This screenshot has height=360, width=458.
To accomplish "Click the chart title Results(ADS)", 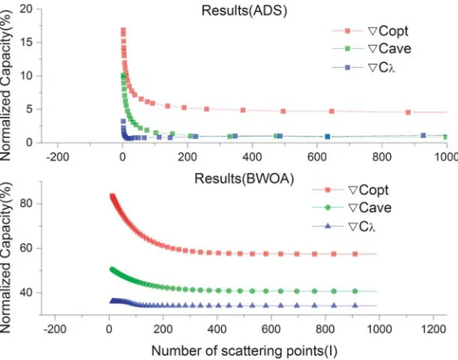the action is click(x=244, y=11).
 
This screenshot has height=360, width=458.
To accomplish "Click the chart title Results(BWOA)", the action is click(x=244, y=178).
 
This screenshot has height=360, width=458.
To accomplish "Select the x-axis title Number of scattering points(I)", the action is click(x=244, y=351).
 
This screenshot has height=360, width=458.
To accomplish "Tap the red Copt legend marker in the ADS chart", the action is click(x=347, y=31).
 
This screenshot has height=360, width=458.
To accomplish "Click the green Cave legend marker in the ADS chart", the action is click(x=347, y=49).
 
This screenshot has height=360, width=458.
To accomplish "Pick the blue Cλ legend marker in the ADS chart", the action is click(x=347, y=67).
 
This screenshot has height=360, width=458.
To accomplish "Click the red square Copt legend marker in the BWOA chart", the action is click(x=328, y=190).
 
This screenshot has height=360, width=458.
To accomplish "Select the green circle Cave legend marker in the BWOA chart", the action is click(x=328, y=208).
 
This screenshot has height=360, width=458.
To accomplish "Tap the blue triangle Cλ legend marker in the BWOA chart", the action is click(x=328, y=226).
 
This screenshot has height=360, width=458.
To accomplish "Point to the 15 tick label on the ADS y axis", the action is click(x=26, y=43).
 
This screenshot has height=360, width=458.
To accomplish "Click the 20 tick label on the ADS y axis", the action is click(x=26, y=9).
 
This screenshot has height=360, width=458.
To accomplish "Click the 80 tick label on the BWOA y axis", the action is click(x=26, y=203).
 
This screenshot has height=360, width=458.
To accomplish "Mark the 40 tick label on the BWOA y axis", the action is click(x=26, y=293).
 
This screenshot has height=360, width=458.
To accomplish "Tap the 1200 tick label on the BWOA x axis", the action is click(x=433, y=329).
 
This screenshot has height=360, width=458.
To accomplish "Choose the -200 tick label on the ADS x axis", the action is click(x=58, y=157).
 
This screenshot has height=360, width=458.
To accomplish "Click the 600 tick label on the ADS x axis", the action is click(x=317, y=157).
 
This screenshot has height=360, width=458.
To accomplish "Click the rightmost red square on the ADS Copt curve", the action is click(x=408, y=112).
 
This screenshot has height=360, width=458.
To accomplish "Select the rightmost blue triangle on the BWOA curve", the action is click(x=355, y=306).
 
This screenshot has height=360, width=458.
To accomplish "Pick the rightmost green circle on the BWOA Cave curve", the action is click(x=355, y=291).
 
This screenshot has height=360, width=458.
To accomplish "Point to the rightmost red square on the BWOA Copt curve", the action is click(x=355, y=254).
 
